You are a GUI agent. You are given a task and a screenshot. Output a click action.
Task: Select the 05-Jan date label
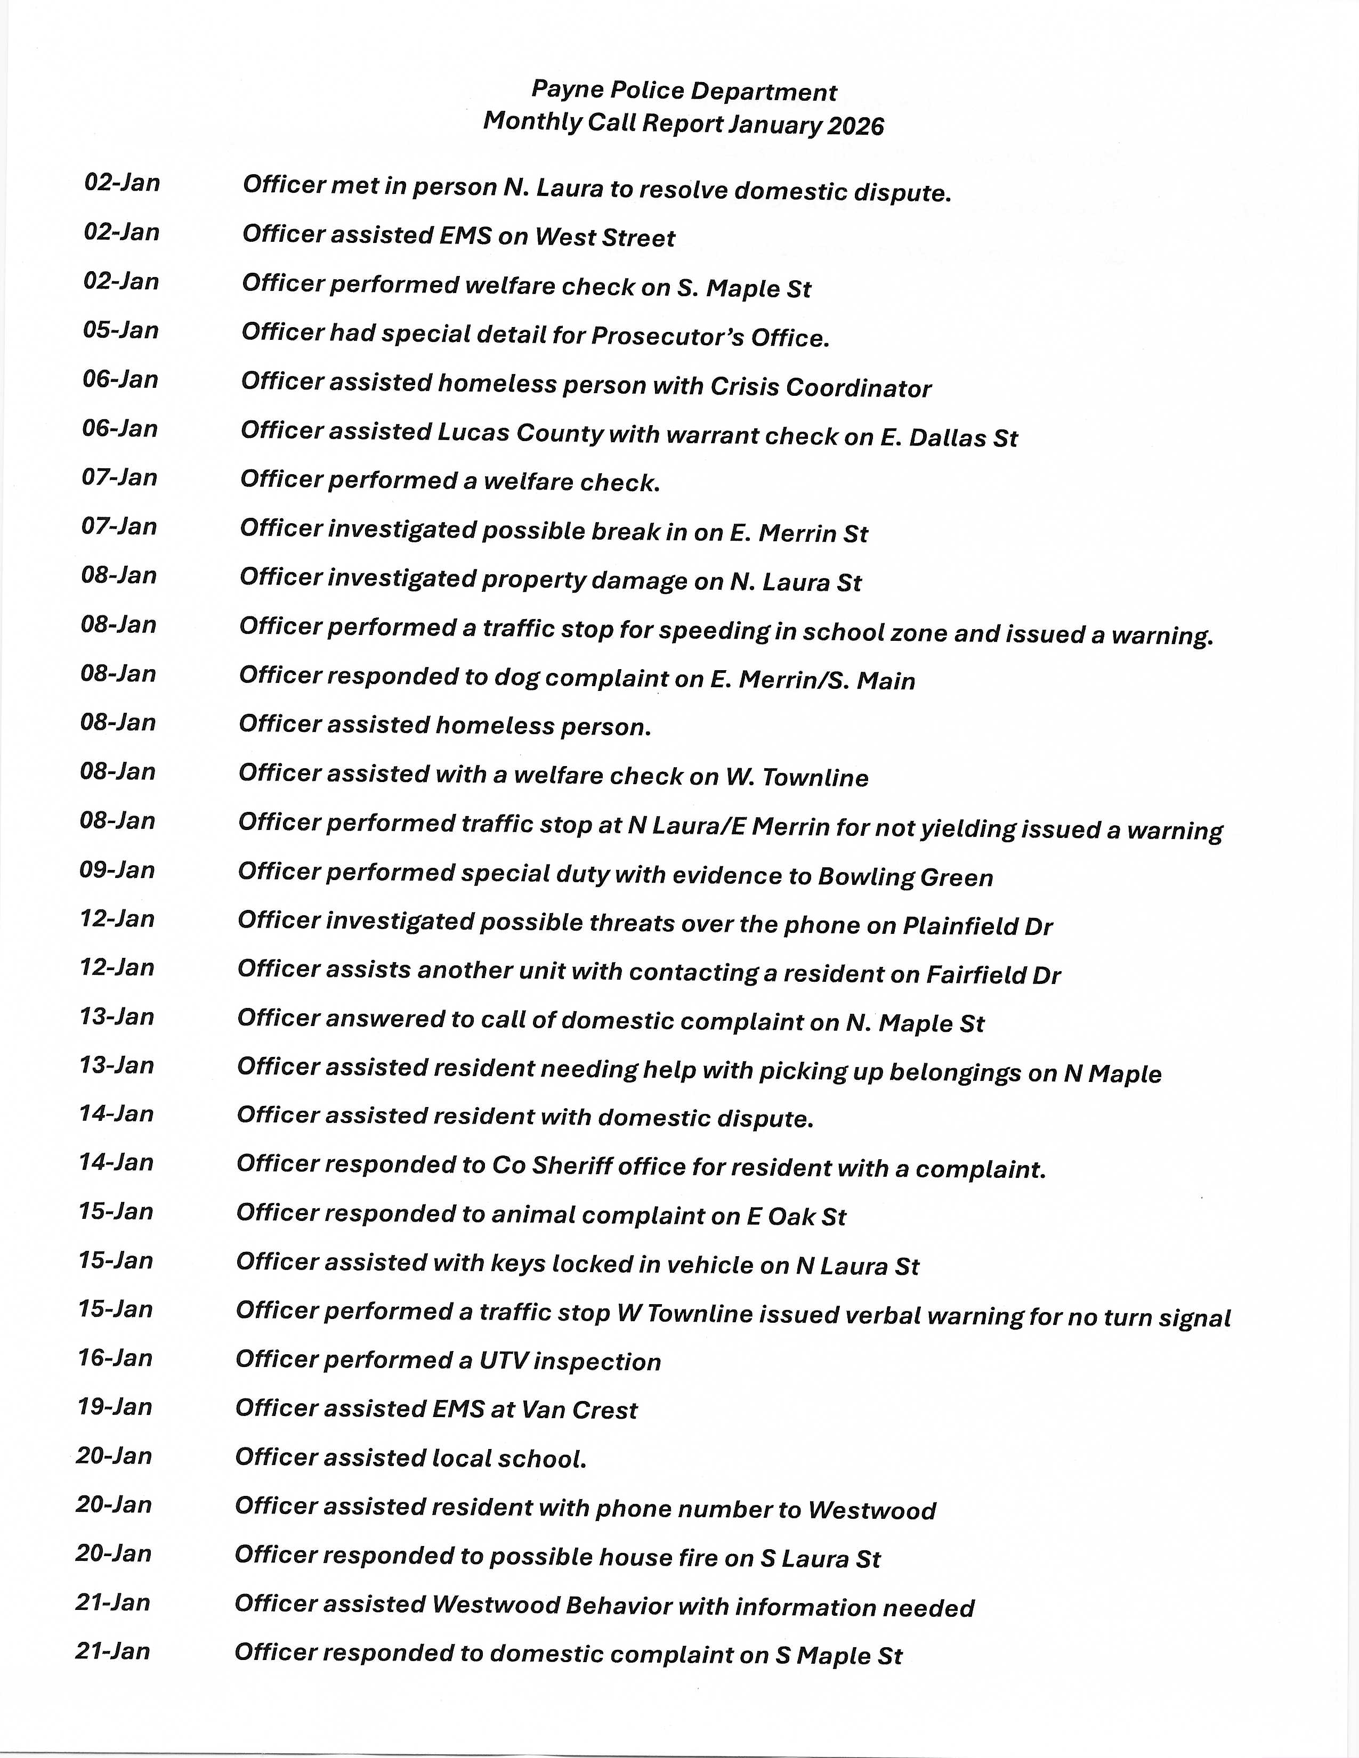click(x=121, y=330)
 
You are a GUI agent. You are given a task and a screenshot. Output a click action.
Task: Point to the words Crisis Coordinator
click(x=820, y=387)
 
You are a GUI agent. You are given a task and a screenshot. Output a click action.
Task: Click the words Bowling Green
click(x=905, y=876)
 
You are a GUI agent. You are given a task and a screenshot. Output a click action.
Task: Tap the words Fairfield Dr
click(x=993, y=975)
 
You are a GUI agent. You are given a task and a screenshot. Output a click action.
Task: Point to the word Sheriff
click(x=575, y=1166)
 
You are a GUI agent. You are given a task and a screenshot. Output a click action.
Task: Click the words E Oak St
click(x=796, y=1216)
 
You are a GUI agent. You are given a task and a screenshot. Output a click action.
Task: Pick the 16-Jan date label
click(x=115, y=1358)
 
